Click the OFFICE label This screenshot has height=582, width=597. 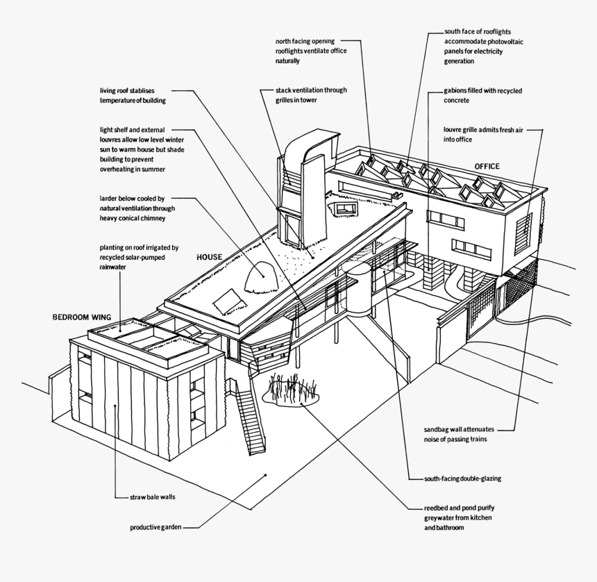(x=487, y=167)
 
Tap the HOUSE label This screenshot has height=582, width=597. (x=209, y=257)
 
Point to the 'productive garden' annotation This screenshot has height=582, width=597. (x=155, y=528)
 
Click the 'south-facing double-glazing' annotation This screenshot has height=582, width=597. (x=462, y=479)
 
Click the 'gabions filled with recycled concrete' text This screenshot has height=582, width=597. (x=482, y=96)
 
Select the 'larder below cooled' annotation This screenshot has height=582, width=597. (x=137, y=208)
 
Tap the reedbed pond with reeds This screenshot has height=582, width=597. (x=292, y=392)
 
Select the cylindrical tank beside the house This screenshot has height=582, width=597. (x=358, y=288)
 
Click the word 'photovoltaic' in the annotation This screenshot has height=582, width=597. (x=502, y=42)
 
